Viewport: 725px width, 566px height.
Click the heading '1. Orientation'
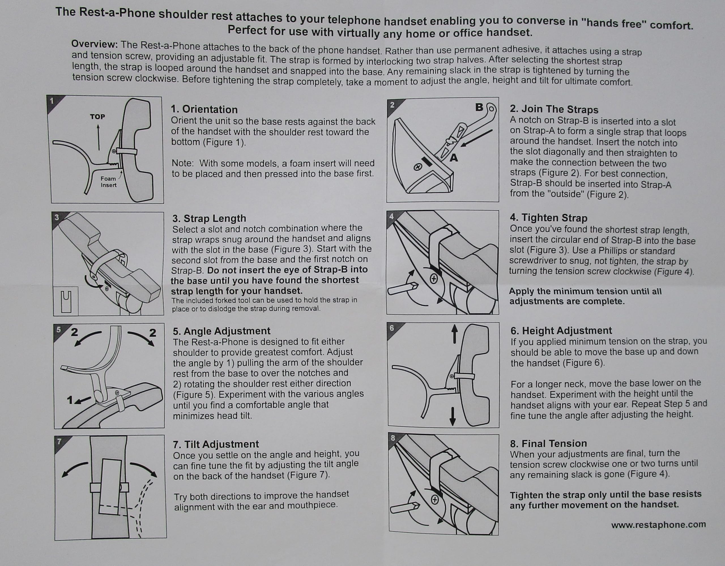(204, 109)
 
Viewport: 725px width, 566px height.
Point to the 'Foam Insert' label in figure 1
(108, 182)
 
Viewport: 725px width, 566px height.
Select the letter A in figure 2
(454, 158)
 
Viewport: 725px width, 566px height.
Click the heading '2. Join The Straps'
(554, 109)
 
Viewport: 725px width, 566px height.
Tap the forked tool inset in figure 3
(66, 301)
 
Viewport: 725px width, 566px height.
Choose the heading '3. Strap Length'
(209, 218)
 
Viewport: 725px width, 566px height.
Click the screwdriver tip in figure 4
(415, 285)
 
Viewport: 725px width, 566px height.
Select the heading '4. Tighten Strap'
(548, 218)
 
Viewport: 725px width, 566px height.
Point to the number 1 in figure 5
(70, 400)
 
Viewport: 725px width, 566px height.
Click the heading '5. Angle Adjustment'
(221, 331)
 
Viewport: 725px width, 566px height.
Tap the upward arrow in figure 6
(455, 334)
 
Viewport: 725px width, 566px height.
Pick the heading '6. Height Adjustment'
(561, 331)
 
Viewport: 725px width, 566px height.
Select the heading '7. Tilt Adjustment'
(216, 444)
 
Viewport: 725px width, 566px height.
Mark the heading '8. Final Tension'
(548, 443)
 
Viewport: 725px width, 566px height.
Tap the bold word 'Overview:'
(95, 44)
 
